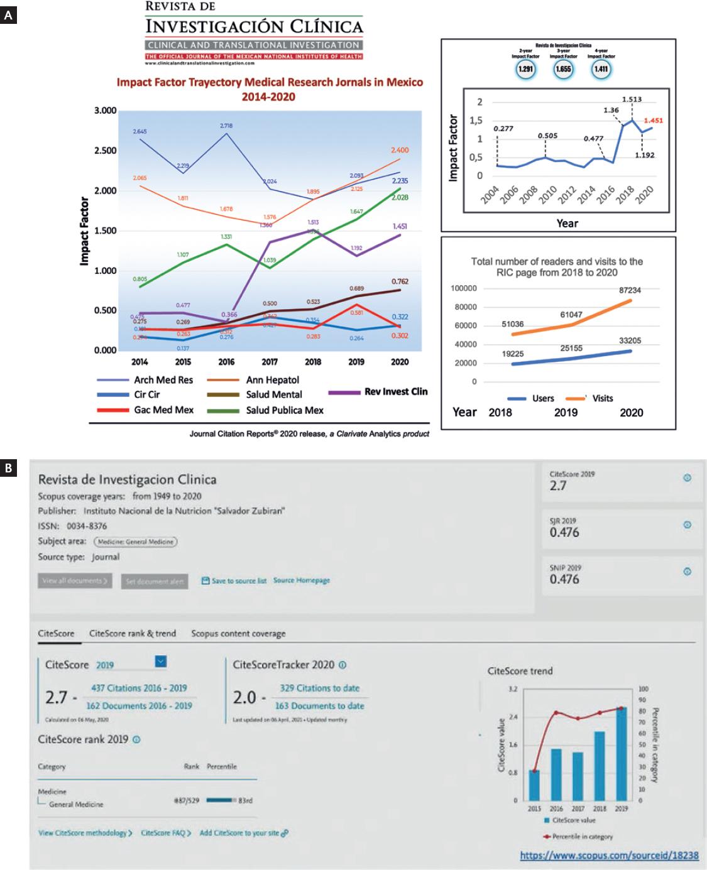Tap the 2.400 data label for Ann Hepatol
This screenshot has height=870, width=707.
(x=400, y=151)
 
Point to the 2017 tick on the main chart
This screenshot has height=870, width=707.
(x=270, y=362)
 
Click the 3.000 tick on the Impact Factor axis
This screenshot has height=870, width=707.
(x=106, y=111)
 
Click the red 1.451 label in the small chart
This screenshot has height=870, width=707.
(x=653, y=121)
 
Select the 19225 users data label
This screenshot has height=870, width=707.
(x=513, y=354)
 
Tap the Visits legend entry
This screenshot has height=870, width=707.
(x=602, y=398)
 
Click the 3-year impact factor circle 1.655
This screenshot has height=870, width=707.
(x=563, y=69)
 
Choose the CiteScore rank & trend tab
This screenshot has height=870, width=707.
(x=133, y=633)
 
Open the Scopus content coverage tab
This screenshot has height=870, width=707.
(x=238, y=633)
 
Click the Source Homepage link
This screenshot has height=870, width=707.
(x=302, y=580)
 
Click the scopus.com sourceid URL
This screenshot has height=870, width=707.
(x=609, y=855)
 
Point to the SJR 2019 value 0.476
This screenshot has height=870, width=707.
(x=564, y=533)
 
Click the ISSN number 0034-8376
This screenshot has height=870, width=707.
(x=87, y=526)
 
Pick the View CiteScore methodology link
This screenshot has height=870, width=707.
(x=85, y=833)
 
